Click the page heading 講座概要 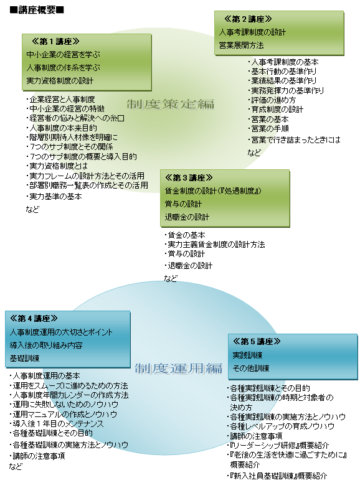[37, 10]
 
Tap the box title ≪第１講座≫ [55, 41]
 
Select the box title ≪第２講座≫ [248, 19]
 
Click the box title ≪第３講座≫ [189, 177]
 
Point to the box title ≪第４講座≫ [34, 319]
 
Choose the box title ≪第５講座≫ [257, 342]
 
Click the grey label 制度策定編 [171, 104]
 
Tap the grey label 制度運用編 [179, 369]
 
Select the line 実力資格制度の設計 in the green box [60, 81]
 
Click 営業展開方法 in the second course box [242, 45]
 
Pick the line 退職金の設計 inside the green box [187, 217]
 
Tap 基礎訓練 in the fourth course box [24, 359]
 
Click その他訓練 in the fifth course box [251, 368]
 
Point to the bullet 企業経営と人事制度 [60, 100]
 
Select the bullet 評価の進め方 [272, 100]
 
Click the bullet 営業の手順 [268, 129]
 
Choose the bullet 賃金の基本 [185, 235]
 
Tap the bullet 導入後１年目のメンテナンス [56, 424]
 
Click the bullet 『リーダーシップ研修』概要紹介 [278, 446]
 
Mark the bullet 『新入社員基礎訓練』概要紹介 [277, 476]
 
